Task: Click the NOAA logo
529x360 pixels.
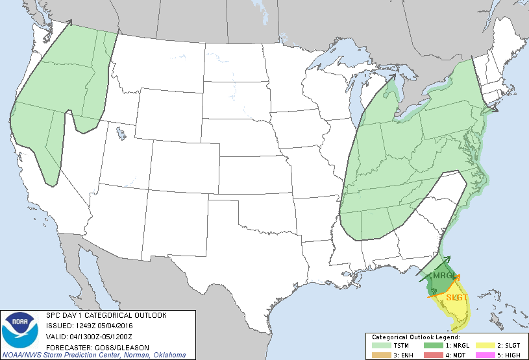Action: tap(20, 330)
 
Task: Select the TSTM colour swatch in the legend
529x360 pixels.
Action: tap(379, 346)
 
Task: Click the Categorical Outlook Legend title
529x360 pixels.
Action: tap(415, 337)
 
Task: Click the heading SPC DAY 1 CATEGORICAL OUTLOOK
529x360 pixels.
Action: tap(106, 315)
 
